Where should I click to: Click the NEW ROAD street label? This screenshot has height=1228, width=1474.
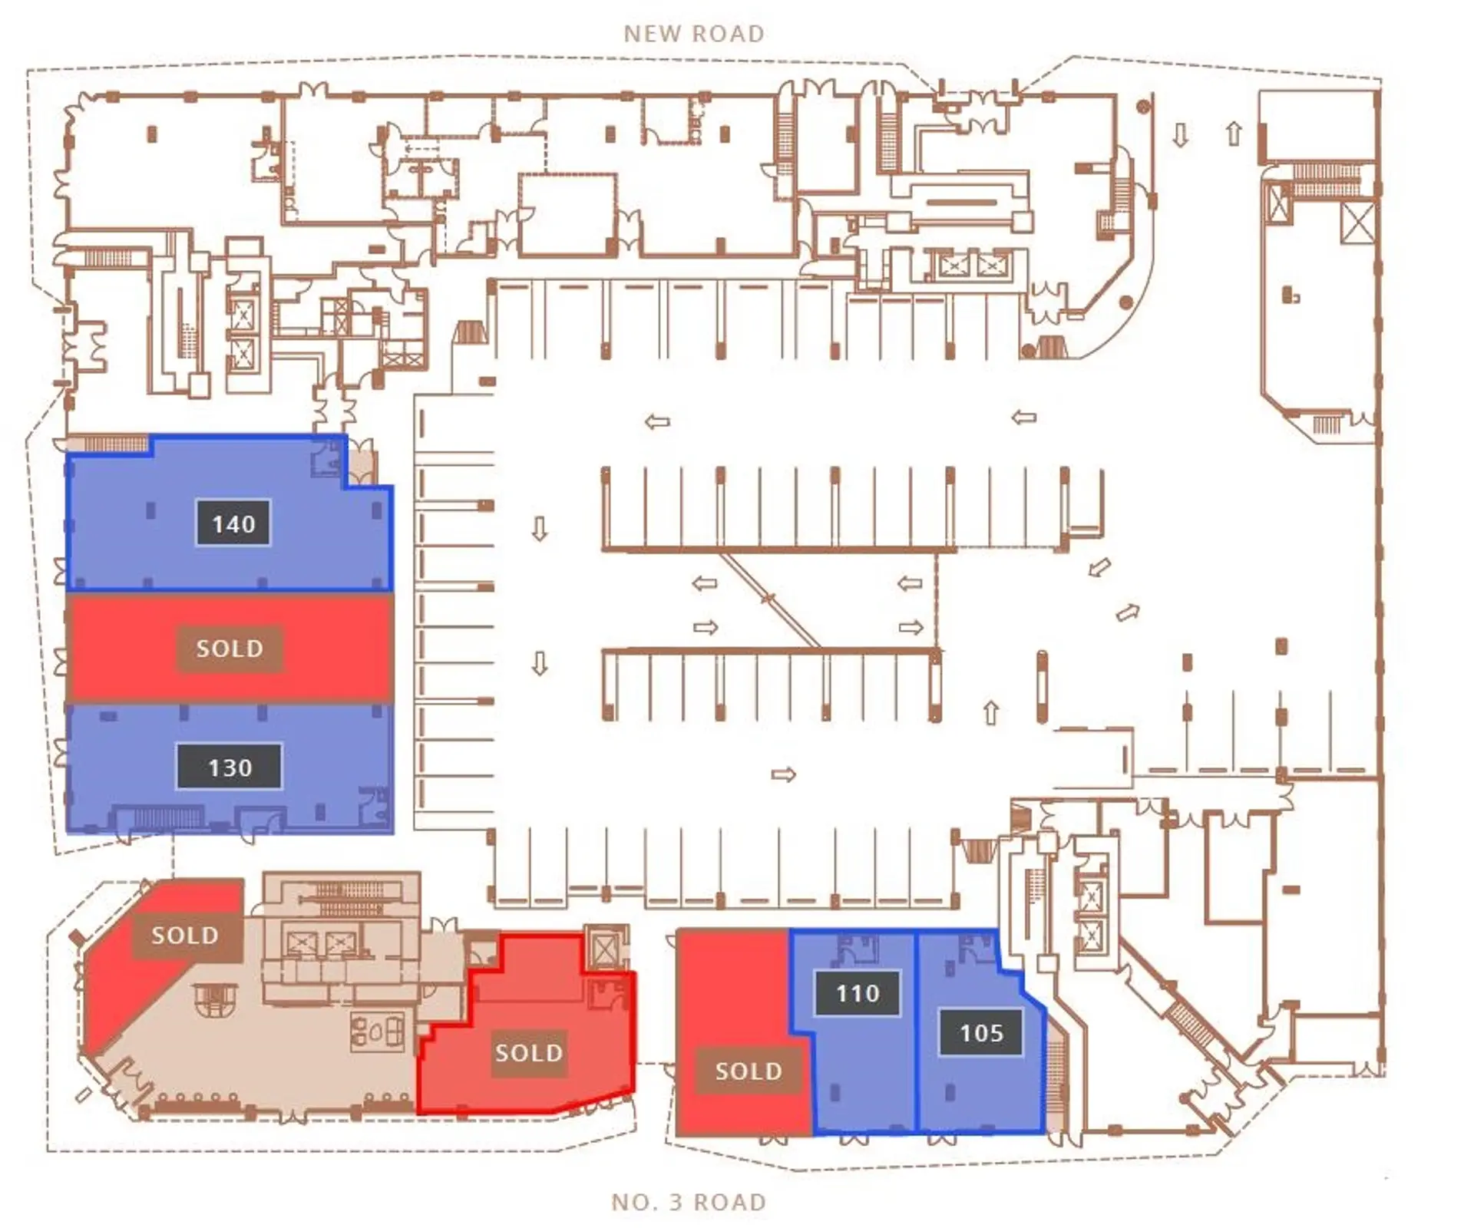tap(694, 34)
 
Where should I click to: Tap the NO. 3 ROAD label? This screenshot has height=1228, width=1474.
tap(689, 1202)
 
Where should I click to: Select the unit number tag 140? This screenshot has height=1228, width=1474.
tap(233, 523)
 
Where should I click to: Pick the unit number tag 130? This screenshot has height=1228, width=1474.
tap(230, 767)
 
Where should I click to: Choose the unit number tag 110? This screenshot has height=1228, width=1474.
tap(858, 993)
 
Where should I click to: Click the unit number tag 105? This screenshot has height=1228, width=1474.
tap(981, 1032)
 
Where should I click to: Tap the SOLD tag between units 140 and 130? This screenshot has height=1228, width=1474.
tap(230, 649)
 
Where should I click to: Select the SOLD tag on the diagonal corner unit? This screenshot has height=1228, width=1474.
tap(185, 935)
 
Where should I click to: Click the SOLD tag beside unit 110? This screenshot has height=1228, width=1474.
tap(749, 1071)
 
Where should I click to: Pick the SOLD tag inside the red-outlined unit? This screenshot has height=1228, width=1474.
tap(529, 1052)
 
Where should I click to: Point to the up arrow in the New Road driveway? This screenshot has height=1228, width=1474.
tap(1234, 134)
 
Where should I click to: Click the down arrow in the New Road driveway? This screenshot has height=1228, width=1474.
tap(1181, 136)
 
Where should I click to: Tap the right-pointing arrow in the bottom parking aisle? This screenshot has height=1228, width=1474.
tap(784, 774)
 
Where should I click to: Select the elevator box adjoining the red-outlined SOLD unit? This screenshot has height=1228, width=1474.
tap(605, 950)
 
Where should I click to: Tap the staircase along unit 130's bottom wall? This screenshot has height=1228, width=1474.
tap(165, 818)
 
